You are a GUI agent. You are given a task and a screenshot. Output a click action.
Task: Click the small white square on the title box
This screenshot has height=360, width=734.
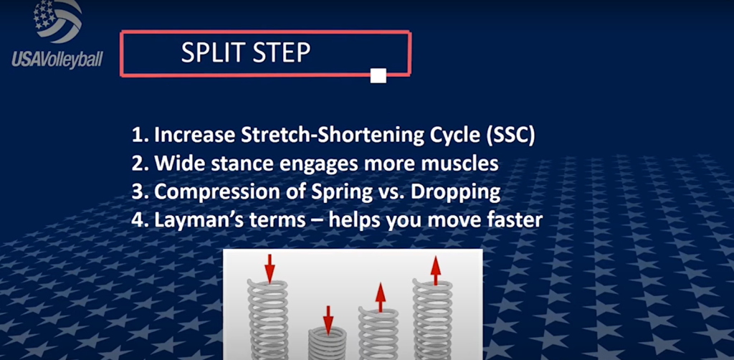[378, 75]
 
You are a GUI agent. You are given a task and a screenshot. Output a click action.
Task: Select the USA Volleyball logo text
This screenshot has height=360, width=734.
[57, 59]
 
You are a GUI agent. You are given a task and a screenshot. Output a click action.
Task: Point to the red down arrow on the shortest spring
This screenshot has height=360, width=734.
[328, 321]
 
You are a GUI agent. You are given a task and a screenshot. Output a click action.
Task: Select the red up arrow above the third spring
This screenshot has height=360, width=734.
[381, 298]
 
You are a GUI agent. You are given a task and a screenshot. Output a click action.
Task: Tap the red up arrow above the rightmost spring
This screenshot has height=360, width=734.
[436, 270]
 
